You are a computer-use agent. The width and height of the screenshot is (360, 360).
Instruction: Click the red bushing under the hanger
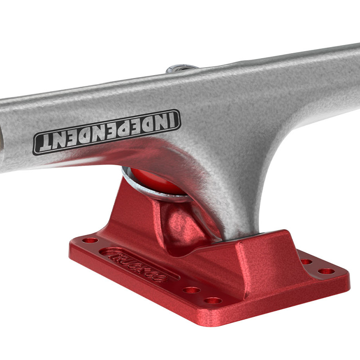coord(156,181)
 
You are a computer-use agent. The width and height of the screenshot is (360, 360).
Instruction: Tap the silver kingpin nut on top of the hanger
coord(181,68)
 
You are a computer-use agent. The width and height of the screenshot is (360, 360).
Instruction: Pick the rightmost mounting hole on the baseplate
coord(326,271)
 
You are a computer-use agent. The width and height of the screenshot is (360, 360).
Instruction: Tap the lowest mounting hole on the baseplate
coord(213,300)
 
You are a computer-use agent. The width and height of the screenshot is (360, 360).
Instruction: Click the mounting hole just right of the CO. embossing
coord(191,290)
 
